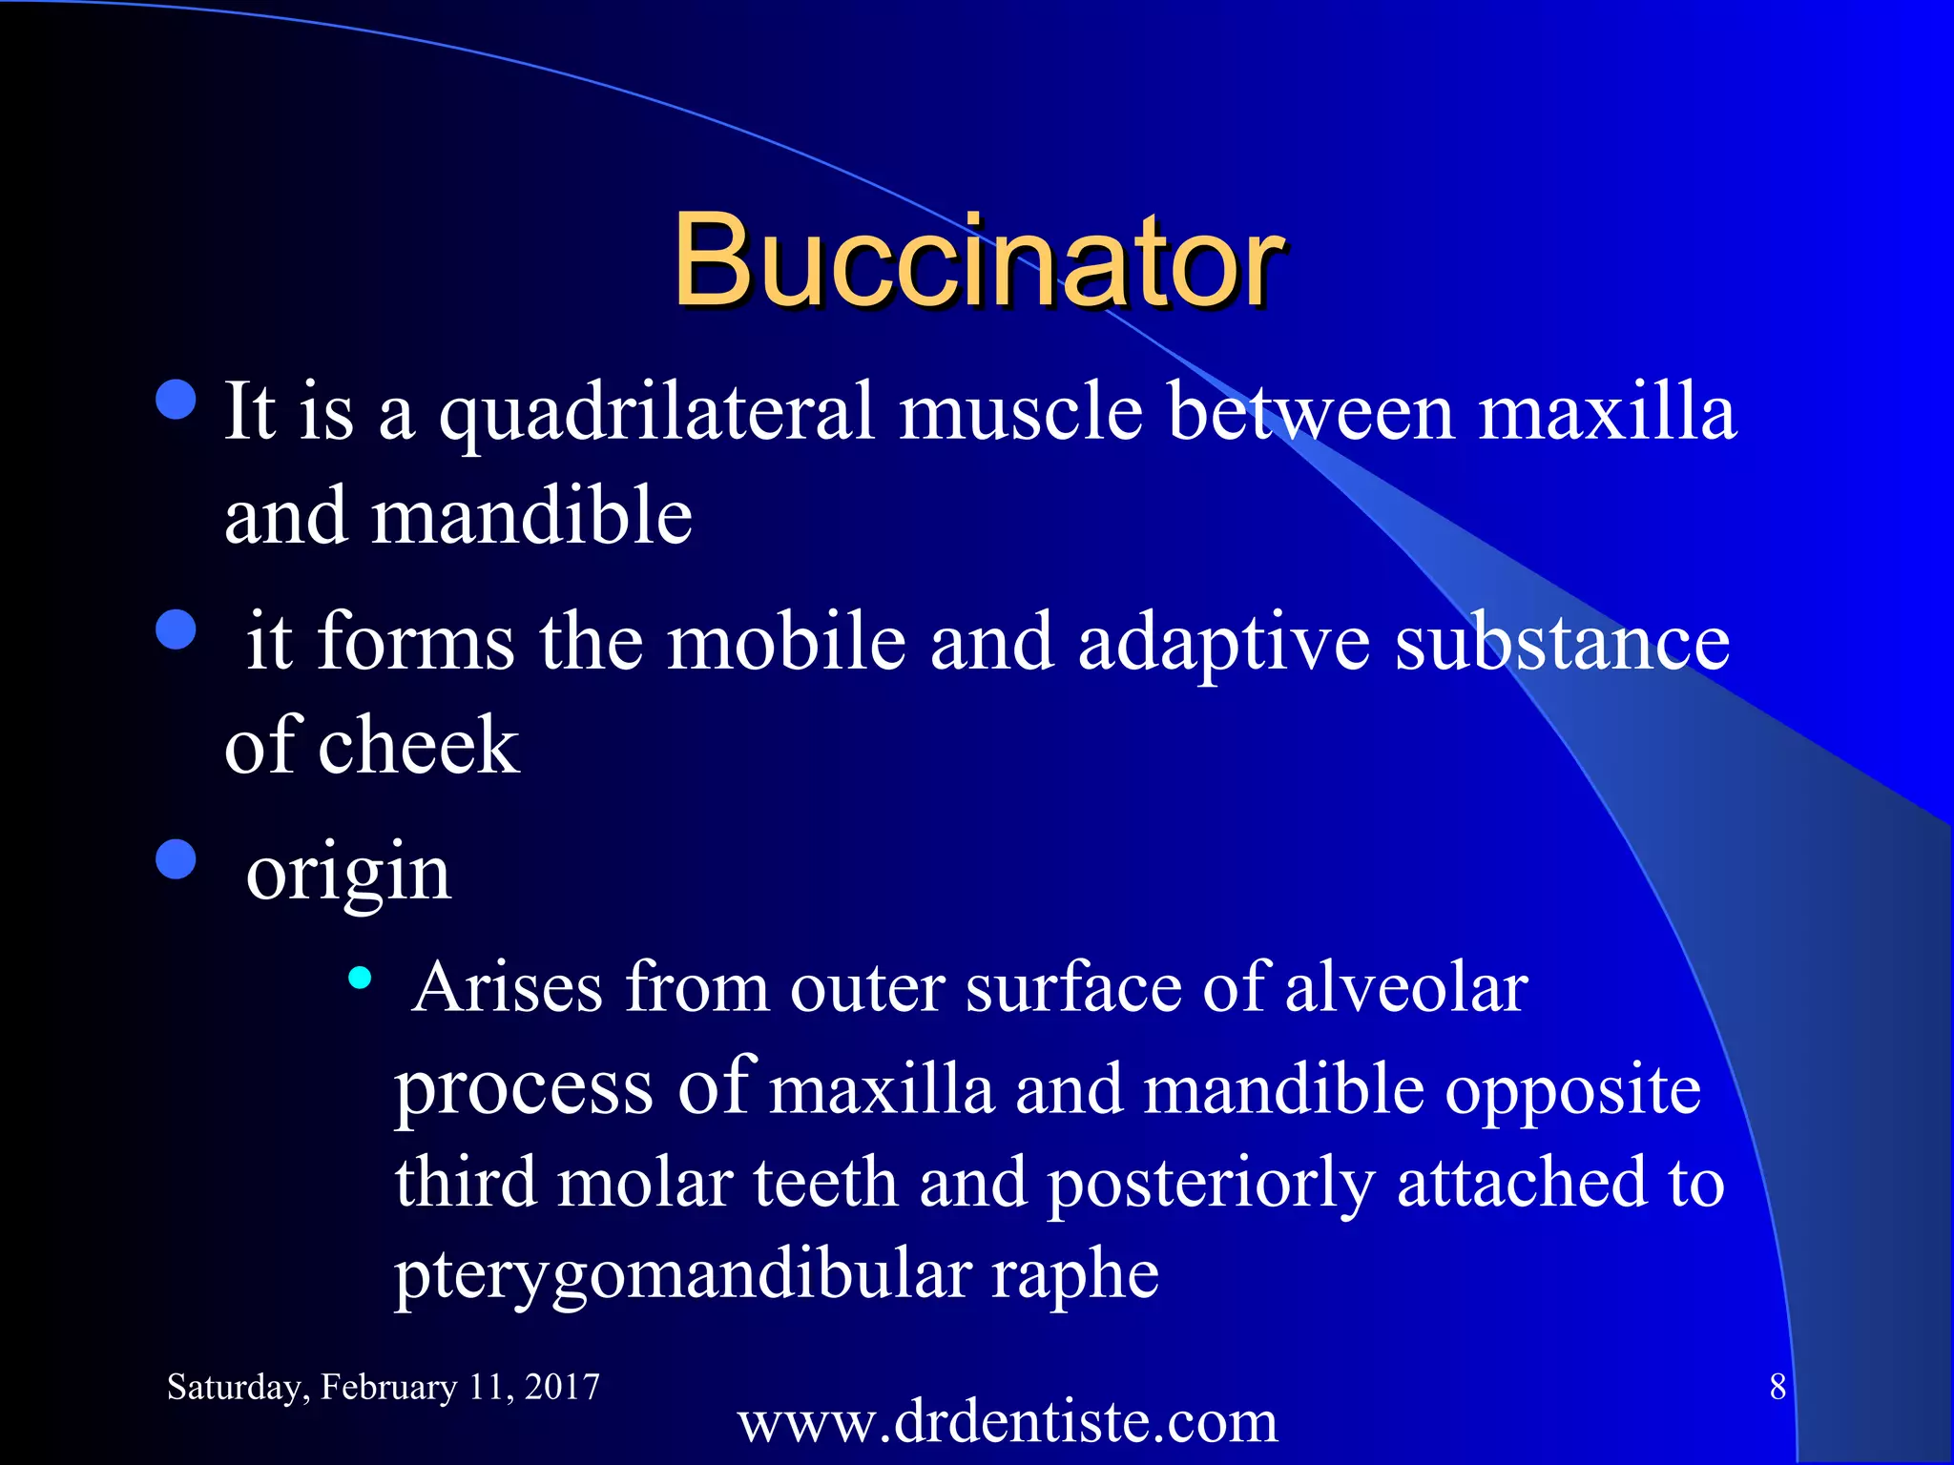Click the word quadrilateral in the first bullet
click(x=656, y=412)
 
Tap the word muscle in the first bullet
click(x=1021, y=412)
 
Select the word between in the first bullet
click(x=1312, y=412)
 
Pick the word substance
click(x=1562, y=641)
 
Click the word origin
click(x=348, y=874)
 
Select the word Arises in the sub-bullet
click(x=508, y=987)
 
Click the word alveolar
click(x=1406, y=987)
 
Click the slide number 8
click(x=1777, y=1387)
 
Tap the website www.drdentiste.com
click(x=1008, y=1422)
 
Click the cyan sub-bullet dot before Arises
click(x=360, y=977)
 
